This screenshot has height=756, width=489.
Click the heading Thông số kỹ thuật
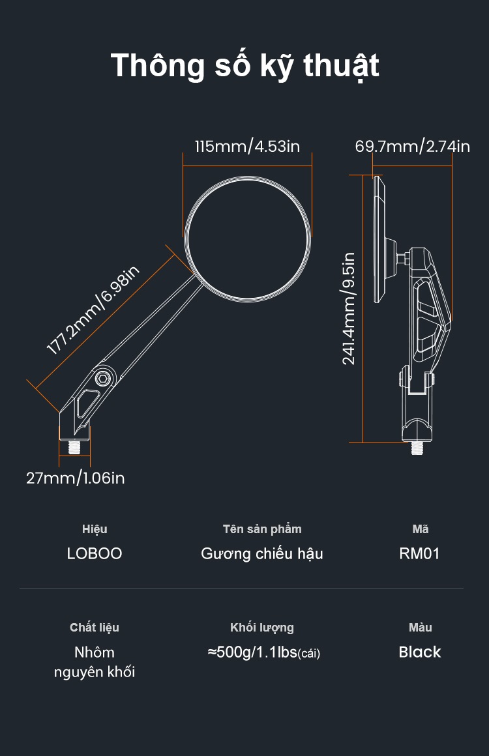[244, 66]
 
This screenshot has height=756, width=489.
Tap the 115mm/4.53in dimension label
[247, 146]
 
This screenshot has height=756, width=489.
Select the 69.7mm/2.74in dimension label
[412, 146]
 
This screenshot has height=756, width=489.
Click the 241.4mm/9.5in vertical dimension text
[349, 308]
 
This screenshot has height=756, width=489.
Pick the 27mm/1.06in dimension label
[76, 478]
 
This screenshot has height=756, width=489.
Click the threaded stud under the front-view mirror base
[74, 447]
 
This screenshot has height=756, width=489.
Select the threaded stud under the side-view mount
[416, 448]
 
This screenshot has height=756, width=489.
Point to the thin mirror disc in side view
[379, 240]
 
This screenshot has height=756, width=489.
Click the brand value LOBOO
[95, 553]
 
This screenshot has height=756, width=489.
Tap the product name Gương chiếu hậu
[262, 553]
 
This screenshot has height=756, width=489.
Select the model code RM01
[419, 553]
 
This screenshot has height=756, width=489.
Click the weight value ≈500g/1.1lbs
[263, 652]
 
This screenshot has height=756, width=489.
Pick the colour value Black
[420, 652]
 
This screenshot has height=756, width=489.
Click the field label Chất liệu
[95, 628]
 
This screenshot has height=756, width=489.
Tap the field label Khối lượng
[262, 628]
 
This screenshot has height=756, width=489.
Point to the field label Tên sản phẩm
[262, 529]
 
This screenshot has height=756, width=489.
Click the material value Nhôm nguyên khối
[95, 662]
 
